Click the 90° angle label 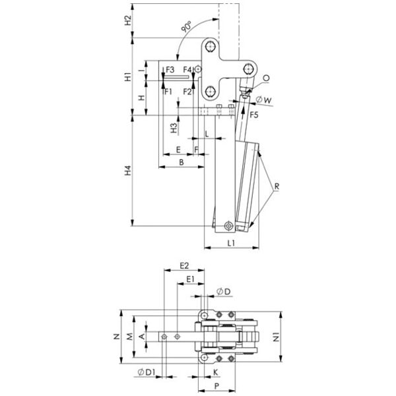point(187,27)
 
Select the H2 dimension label point(128,20)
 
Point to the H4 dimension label point(128,170)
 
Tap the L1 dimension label point(231,243)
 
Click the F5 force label point(254,115)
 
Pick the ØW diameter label point(264,100)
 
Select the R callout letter point(277,186)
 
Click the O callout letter point(266,79)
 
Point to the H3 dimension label point(174,128)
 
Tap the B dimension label point(181,162)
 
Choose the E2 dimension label point(184,265)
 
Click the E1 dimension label point(191,279)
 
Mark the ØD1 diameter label point(147,372)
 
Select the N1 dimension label point(277,337)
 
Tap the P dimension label point(216,385)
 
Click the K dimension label point(215,372)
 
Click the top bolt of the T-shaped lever point(210,47)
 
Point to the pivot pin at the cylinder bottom point(229,226)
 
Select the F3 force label point(170,69)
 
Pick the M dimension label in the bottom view point(129,337)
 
